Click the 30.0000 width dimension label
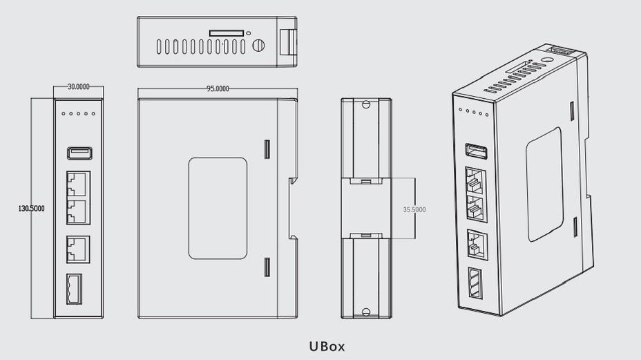(78, 87)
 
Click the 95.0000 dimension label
(218, 88)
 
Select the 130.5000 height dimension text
(32, 208)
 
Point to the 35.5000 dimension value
(414, 209)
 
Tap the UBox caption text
(327, 346)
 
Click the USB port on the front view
(79, 153)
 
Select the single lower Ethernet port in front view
(78, 249)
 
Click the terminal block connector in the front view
(75, 290)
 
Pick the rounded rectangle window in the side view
(218, 208)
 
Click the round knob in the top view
(258, 46)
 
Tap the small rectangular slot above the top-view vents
(227, 32)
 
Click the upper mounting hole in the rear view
(366, 106)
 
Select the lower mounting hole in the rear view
(366, 311)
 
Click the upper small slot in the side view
(267, 149)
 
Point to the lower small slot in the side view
(267, 267)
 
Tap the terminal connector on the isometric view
(475, 283)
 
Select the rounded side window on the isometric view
(544, 184)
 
